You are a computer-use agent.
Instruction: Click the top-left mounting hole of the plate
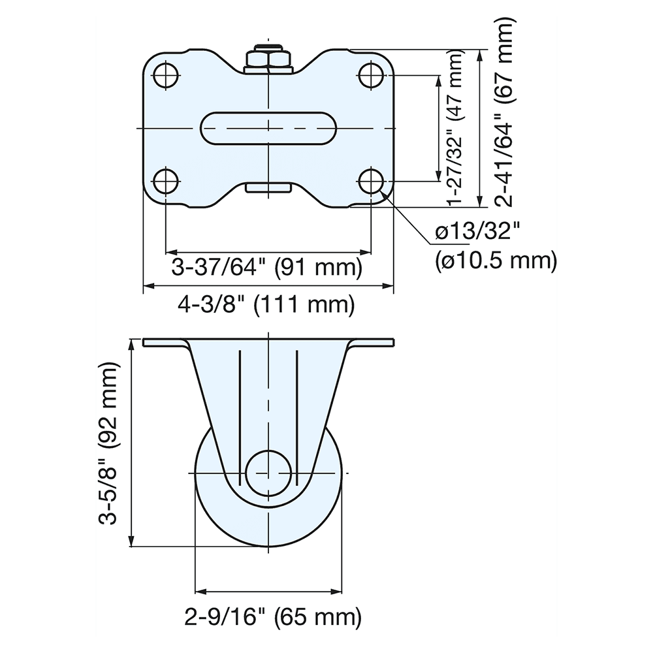[167, 75]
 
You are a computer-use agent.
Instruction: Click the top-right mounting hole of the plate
[371, 75]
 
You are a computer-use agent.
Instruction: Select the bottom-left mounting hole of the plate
[167, 180]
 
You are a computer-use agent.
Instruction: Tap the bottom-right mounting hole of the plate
[371, 180]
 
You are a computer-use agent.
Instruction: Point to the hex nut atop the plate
[268, 59]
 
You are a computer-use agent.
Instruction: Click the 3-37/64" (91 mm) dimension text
[266, 268]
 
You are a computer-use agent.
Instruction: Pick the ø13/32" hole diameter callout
[477, 231]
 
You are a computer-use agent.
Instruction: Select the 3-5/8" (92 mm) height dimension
[108, 444]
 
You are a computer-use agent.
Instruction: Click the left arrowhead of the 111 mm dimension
[148, 286]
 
